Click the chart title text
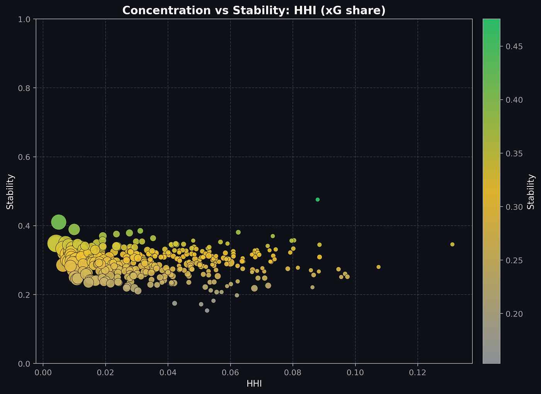coord(254,10)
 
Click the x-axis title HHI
coord(254,384)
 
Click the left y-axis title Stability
coord(10,192)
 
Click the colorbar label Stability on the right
coord(531,192)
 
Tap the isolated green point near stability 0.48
coord(318,200)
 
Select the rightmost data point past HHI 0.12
coord(452,244)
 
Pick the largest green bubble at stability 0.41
coord(59,222)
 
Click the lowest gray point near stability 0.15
coord(207,311)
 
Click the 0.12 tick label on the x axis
coord(417,373)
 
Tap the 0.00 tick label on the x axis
coord(43,373)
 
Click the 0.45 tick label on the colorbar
coord(514,47)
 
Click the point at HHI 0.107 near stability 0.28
coord(378,267)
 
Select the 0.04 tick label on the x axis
coord(168,373)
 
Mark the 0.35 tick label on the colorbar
coord(514,154)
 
